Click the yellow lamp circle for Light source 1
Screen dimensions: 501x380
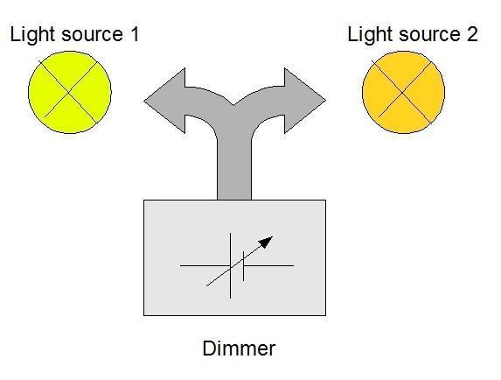click(x=70, y=92)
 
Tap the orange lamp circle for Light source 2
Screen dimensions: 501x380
click(x=403, y=92)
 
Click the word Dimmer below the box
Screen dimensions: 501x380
click(x=239, y=348)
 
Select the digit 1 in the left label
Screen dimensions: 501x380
click(x=135, y=34)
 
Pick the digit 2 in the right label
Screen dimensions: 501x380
click(x=471, y=34)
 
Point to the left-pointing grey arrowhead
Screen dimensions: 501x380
click(x=164, y=101)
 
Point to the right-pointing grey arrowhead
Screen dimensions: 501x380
click(x=305, y=100)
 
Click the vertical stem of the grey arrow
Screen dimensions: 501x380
click(x=234, y=166)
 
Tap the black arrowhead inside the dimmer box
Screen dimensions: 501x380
click(x=266, y=242)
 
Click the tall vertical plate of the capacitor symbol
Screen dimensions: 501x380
click(x=230, y=265)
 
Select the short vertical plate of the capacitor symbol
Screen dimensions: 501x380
click(x=243, y=266)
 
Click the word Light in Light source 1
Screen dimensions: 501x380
click(x=33, y=35)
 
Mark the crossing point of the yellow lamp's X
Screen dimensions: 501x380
click(x=69, y=93)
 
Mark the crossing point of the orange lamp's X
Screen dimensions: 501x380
click(x=402, y=93)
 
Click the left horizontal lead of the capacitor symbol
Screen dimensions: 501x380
click(x=205, y=265)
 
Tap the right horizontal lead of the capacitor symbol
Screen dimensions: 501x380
click(x=268, y=265)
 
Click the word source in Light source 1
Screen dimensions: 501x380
click(x=93, y=35)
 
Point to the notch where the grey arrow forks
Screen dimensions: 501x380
click(x=233, y=105)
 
